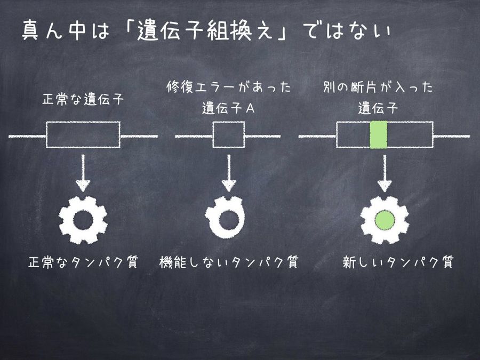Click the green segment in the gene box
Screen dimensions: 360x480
click(x=378, y=135)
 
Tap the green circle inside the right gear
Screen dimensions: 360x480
click(x=384, y=220)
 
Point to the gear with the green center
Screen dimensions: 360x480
click(x=384, y=220)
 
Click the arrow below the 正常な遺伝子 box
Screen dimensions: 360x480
click(x=83, y=173)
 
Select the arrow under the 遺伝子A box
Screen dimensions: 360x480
click(x=229, y=173)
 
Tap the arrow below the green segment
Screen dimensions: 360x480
click(x=384, y=173)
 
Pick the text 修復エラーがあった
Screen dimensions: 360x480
click(x=229, y=87)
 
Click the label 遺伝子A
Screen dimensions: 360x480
click(x=229, y=108)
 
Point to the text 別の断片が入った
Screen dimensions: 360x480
click(x=379, y=87)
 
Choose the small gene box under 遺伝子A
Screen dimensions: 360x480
click(x=229, y=135)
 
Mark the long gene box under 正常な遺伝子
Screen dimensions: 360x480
click(x=83, y=135)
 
